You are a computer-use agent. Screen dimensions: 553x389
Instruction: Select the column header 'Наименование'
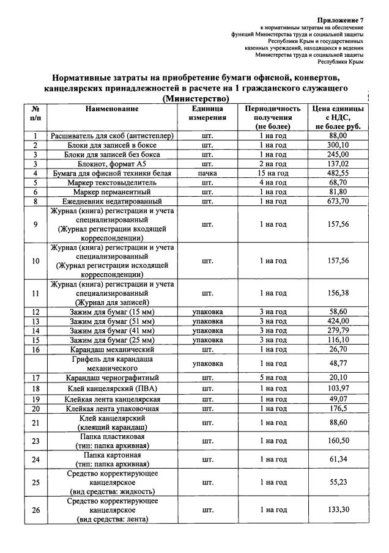112,109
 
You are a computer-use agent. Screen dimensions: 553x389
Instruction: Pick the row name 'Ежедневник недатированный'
112,201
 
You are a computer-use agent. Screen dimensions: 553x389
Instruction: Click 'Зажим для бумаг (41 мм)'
112,331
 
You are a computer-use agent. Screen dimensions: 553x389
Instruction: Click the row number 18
36,389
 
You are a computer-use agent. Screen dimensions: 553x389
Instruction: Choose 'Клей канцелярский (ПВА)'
112,389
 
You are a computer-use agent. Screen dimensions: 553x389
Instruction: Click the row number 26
36,510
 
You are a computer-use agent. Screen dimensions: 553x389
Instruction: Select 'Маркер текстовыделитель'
112,183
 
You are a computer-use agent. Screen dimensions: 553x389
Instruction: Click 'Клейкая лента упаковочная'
112,408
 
